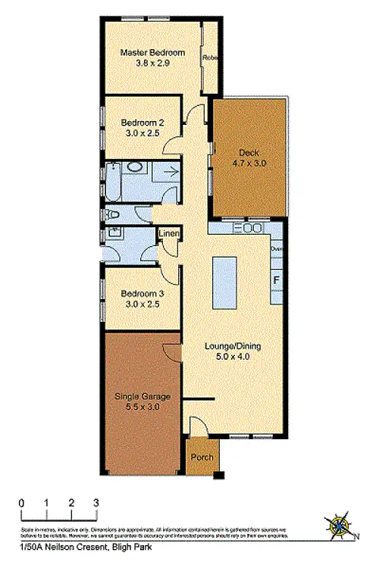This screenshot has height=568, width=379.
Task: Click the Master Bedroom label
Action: coord(151,52)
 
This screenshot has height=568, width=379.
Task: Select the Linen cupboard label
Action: coord(168,233)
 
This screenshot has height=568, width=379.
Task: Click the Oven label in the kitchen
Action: coord(277,247)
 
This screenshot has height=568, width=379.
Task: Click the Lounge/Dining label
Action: coord(233,346)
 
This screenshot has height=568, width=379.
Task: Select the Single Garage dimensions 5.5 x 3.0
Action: coord(143,407)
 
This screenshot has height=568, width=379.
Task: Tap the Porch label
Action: coord(201,457)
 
